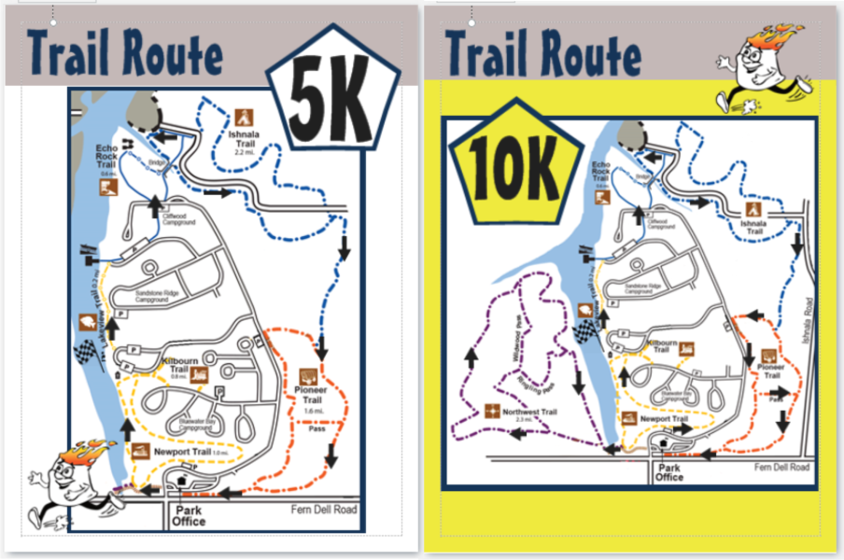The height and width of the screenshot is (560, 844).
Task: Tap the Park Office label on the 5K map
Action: click(189, 516)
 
